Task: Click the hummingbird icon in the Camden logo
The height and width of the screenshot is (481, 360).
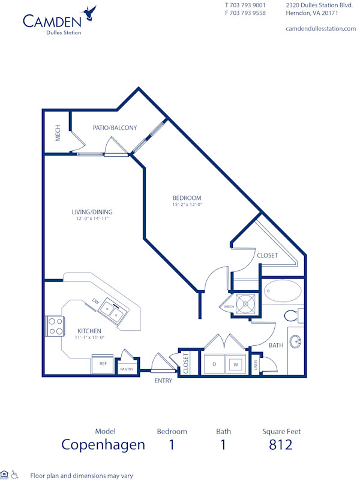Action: tap(90, 11)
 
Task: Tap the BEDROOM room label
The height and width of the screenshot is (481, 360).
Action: tap(187, 198)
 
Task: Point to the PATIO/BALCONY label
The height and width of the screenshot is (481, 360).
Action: tap(115, 127)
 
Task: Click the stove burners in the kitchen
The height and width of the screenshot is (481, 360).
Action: tap(55, 326)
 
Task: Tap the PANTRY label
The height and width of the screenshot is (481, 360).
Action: tap(127, 369)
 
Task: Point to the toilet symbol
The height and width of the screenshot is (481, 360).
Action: tap(292, 315)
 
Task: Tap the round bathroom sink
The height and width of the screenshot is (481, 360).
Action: tap(296, 342)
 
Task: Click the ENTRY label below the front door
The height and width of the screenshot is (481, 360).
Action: tap(163, 381)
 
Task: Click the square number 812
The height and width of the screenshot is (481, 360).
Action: tap(281, 445)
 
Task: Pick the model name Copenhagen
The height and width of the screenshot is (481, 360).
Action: tap(103, 445)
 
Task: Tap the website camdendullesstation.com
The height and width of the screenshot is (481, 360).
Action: tap(320, 28)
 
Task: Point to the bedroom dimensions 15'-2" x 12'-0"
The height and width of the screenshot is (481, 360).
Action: tap(187, 205)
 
